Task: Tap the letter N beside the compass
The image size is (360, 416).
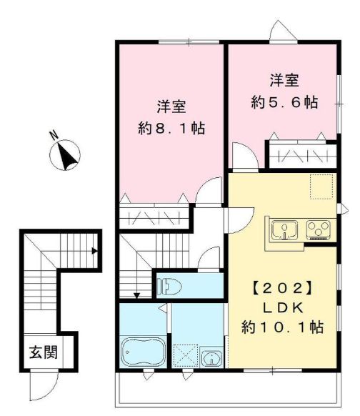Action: tap(54, 134)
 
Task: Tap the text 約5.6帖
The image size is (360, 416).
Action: tap(284, 101)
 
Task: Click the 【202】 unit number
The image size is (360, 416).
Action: tap(281, 290)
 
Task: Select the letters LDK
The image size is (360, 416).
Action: tap(281, 309)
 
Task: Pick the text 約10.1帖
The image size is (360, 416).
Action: tap(281, 327)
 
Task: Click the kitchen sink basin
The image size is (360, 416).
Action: tap(285, 230)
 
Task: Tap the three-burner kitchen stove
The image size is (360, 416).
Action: tap(317, 230)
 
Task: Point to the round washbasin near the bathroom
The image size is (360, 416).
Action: tap(211, 357)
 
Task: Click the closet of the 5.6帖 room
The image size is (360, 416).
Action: tap(300, 154)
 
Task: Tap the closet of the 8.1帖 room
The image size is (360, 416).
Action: tap(154, 215)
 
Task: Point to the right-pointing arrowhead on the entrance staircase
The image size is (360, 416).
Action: tap(94, 251)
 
